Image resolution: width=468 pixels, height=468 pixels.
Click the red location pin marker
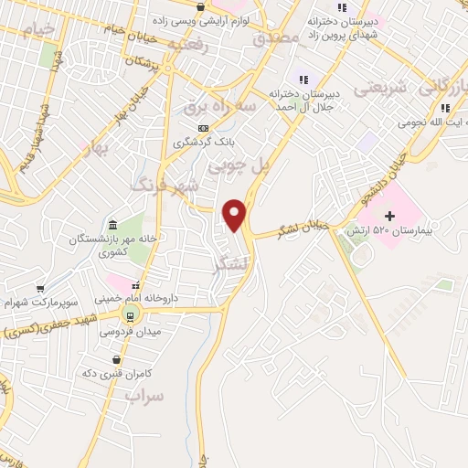236,214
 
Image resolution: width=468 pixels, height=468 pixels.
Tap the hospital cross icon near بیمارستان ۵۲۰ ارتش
390,216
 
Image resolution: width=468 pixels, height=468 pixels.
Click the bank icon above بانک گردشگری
203,128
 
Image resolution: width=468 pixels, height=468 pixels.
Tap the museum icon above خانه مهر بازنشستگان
112,226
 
